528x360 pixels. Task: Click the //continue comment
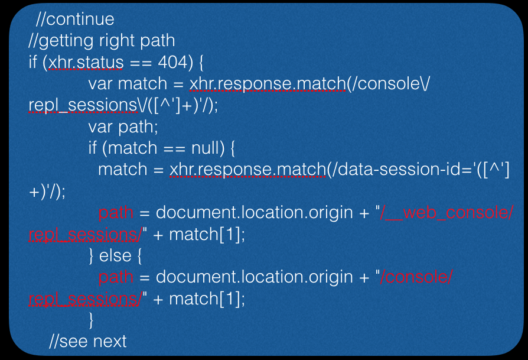(75, 20)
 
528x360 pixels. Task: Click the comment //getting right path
(102, 41)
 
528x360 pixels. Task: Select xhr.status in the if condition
(86, 62)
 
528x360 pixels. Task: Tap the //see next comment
(88, 341)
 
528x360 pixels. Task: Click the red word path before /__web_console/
(116, 213)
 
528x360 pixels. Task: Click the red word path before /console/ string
(116, 277)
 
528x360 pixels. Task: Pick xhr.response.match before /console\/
(268, 84)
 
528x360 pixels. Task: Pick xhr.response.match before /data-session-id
(247, 170)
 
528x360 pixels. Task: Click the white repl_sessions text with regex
(83, 105)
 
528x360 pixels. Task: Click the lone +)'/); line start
(47, 192)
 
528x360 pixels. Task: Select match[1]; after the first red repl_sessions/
(207, 234)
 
